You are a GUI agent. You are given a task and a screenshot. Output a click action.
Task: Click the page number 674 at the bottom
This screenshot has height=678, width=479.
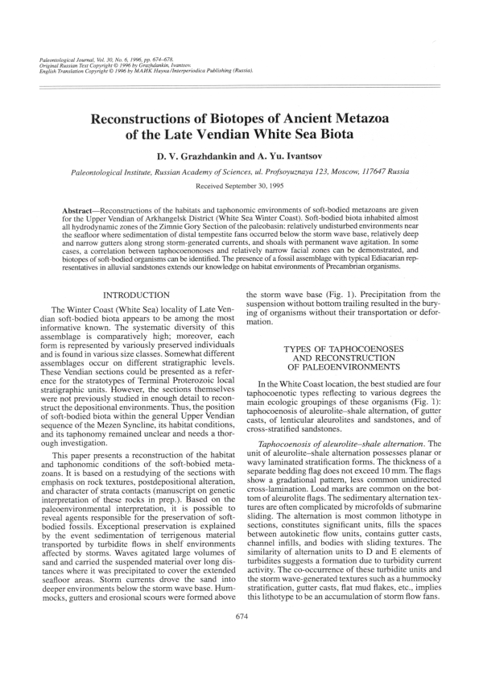coord(239,639)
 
